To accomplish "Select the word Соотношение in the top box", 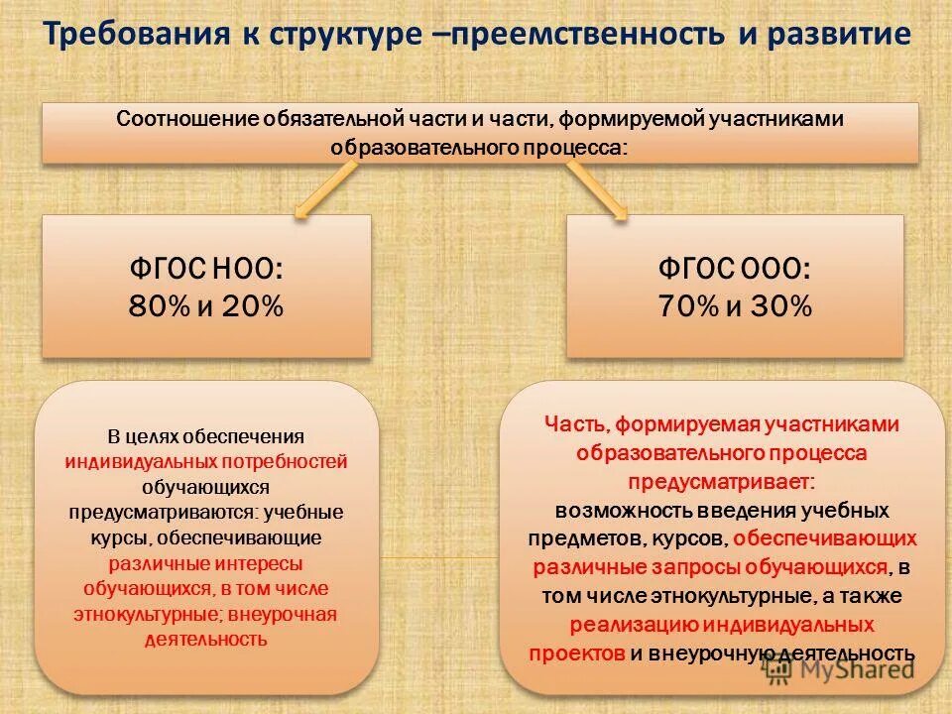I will pos(186,119).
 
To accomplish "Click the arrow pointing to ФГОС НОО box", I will pos(325,190).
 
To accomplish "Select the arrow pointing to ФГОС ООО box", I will pos(598,190).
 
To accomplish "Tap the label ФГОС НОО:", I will pos(206,269).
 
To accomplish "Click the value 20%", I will pos(253,306).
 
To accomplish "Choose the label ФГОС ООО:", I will pos(735,269).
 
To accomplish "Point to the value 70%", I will pos(687,306).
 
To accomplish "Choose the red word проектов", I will pos(576,653).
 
